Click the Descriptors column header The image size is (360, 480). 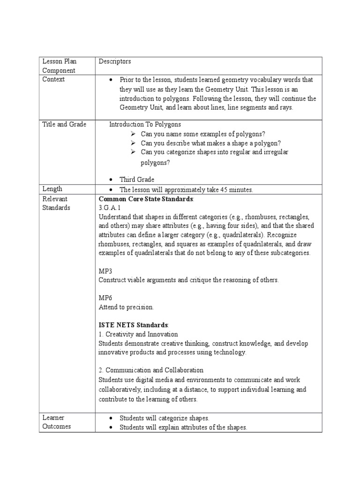point(115,61)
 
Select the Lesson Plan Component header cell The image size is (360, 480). point(60,66)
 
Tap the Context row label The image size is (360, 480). point(53,79)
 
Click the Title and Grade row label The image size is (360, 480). point(64,124)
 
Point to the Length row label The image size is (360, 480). point(52,189)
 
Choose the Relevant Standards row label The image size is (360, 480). point(56,203)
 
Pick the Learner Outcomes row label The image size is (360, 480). point(57,422)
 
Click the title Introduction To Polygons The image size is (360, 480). point(145,124)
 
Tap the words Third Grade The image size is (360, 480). point(137,180)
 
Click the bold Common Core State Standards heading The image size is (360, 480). point(146,199)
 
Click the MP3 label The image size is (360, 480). point(105,271)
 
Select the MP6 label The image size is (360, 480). point(105,298)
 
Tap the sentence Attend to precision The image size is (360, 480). point(126,307)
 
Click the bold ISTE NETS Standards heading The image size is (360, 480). point(133,325)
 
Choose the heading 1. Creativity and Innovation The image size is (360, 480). point(138,334)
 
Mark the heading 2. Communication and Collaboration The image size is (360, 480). point(151,370)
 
